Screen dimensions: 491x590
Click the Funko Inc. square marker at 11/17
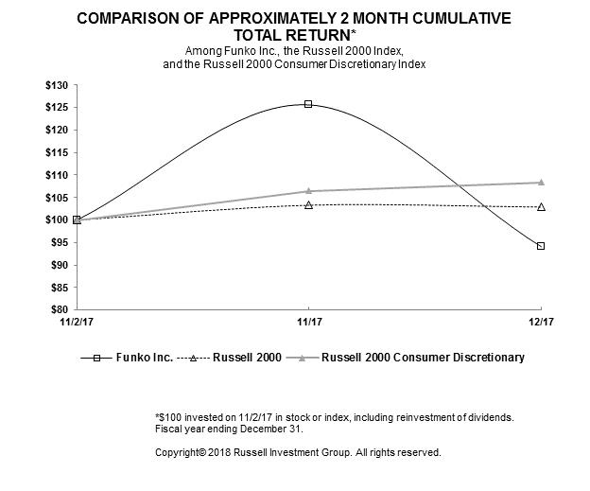(x=308, y=104)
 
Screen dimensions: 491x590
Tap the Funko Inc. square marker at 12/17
(x=541, y=246)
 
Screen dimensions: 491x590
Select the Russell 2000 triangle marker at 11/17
(x=308, y=204)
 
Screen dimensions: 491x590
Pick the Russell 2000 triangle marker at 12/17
(x=541, y=206)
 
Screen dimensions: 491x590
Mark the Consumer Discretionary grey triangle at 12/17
(x=541, y=182)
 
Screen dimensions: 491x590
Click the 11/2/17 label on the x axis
(x=78, y=322)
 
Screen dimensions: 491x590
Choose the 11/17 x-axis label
(x=308, y=322)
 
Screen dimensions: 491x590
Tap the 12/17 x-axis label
(x=541, y=322)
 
